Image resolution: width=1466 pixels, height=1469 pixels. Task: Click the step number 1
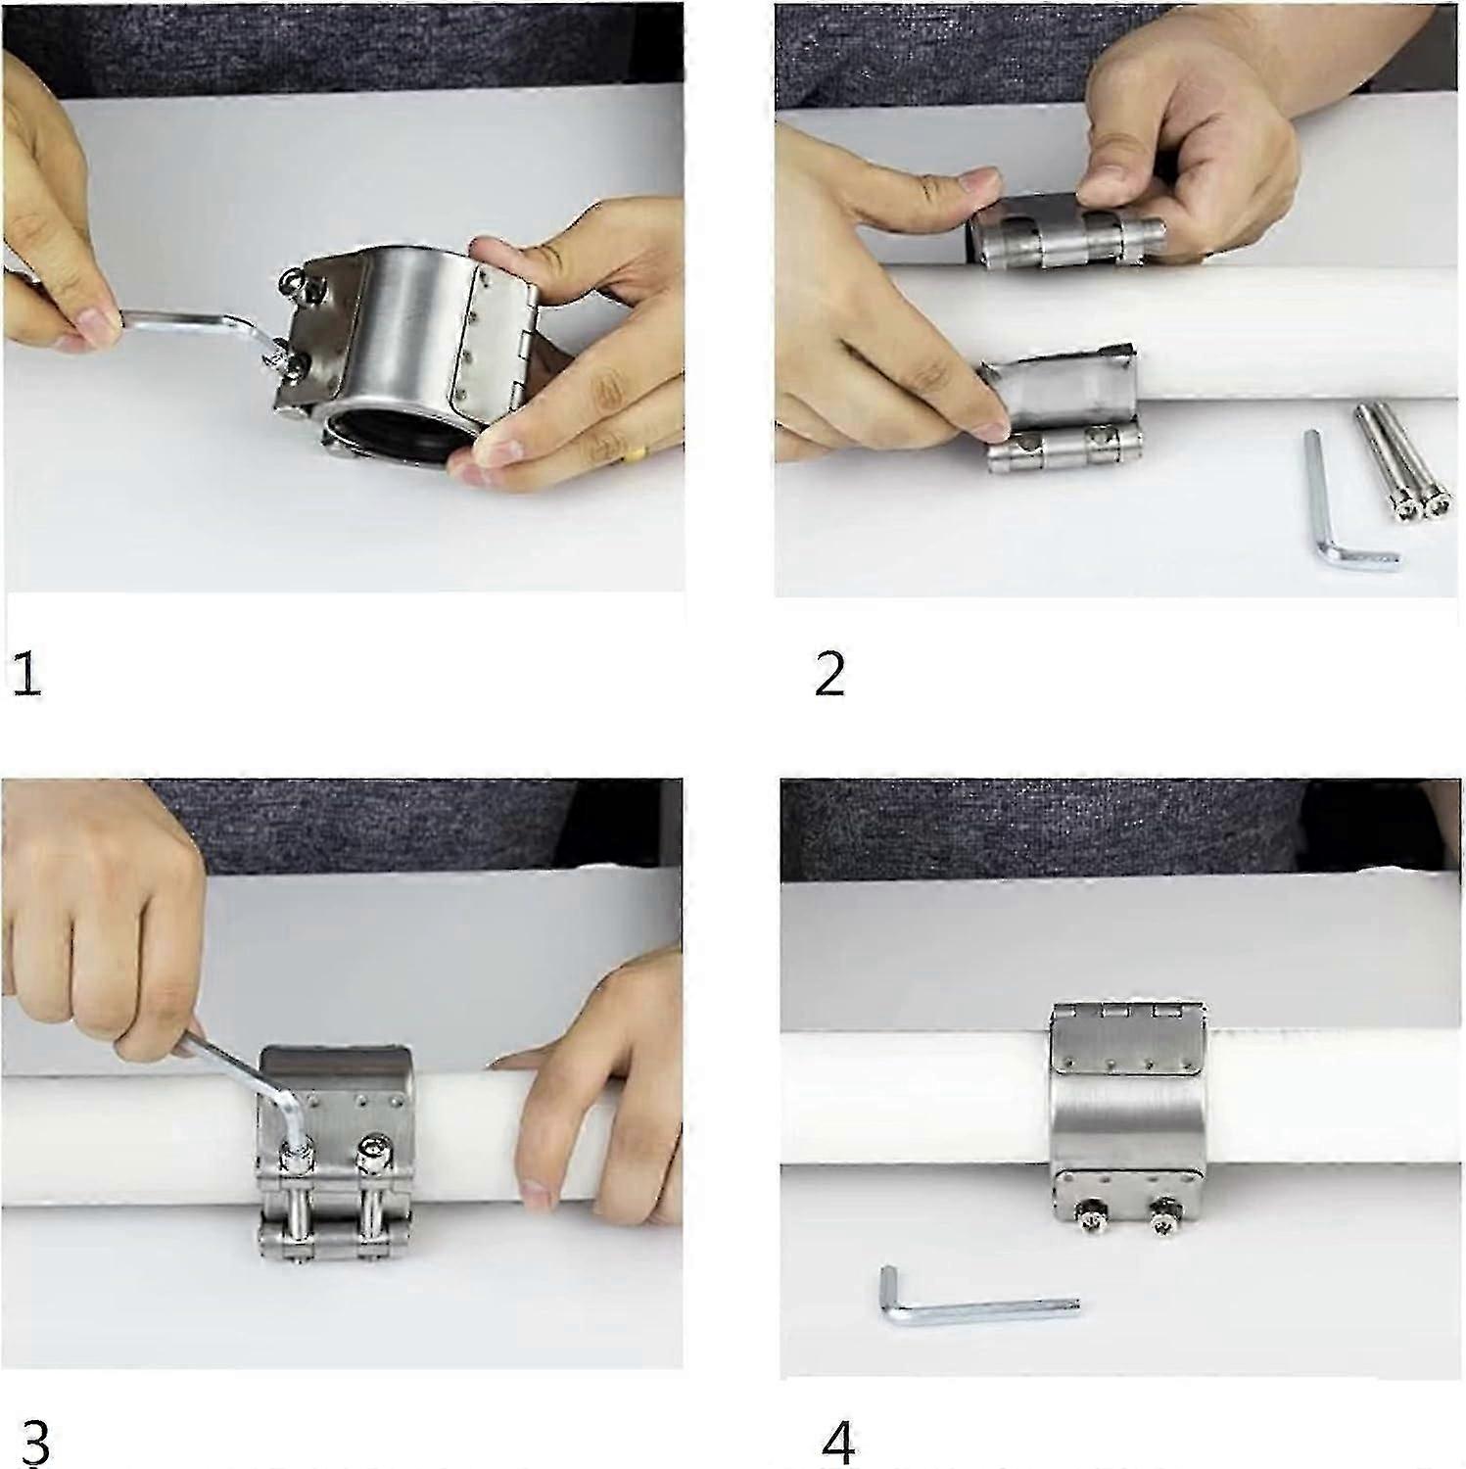(26, 675)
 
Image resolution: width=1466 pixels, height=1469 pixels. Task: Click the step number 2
(828, 675)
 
